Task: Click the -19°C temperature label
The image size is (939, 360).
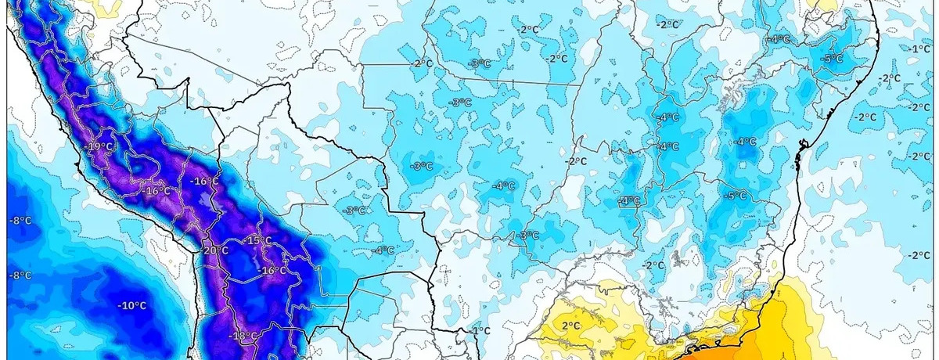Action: coord(99,147)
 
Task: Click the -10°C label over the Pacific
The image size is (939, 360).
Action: coord(131,305)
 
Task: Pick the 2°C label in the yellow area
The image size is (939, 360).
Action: coord(570,326)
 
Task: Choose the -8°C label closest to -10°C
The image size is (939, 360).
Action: coord(20,275)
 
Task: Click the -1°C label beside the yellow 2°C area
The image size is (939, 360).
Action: coord(479,331)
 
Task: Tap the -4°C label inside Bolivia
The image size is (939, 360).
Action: coord(383,250)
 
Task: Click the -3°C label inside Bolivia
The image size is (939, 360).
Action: coord(354,211)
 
